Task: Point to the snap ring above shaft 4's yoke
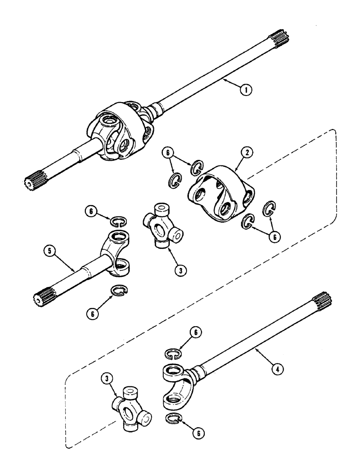pos(174,355)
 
